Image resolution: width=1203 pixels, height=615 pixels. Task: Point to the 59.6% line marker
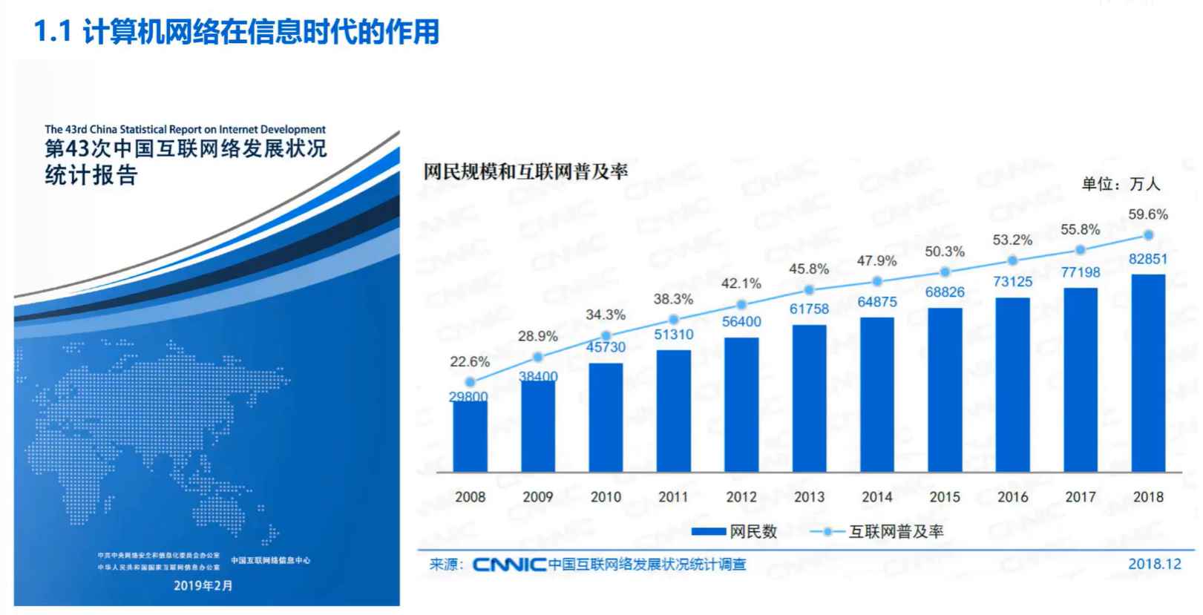pyautogui.click(x=1148, y=235)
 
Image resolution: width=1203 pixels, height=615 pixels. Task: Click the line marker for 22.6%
pyautogui.click(x=470, y=382)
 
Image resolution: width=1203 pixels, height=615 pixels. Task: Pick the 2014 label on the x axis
pyautogui.click(x=876, y=497)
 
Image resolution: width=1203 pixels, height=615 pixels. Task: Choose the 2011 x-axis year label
pyautogui.click(x=673, y=497)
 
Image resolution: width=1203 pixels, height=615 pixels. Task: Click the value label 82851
pyautogui.click(x=1147, y=259)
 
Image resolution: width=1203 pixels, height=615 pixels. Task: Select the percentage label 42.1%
pyautogui.click(x=741, y=283)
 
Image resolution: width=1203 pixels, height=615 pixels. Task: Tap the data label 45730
pyautogui.click(x=606, y=347)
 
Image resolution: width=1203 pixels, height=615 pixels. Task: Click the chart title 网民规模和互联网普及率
pyautogui.click(x=525, y=172)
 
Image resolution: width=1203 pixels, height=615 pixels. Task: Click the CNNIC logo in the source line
pyautogui.click(x=509, y=565)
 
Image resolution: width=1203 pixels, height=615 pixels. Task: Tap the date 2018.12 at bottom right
pyautogui.click(x=1154, y=564)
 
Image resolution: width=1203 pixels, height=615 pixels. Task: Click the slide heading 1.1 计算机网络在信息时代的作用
pyautogui.click(x=237, y=31)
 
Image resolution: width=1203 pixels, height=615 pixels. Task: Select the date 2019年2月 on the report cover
pyautogui.click(x=203, y=585)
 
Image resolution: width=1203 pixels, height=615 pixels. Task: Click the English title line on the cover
pyautogui.click(x=185, y=129)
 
